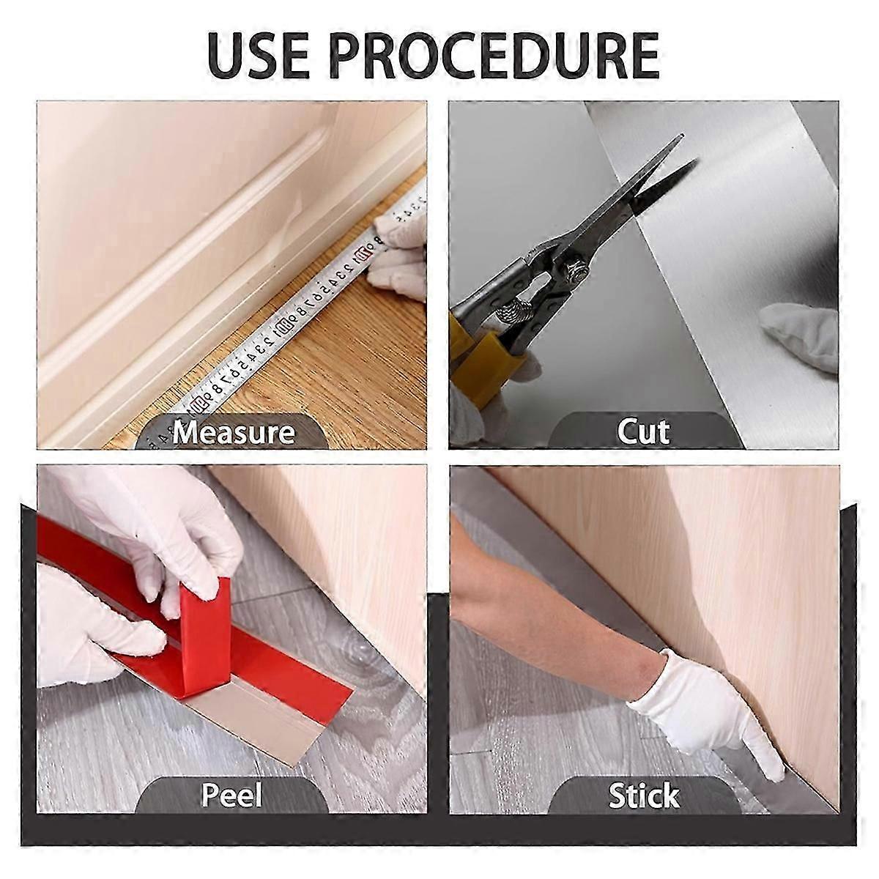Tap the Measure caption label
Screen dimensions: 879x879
[233, 432]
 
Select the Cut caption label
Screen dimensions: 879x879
[643, 431]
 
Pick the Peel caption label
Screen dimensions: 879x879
[231, 795]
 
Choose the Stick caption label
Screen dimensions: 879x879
[643, 795]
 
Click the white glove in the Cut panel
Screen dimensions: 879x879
[802, 333]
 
